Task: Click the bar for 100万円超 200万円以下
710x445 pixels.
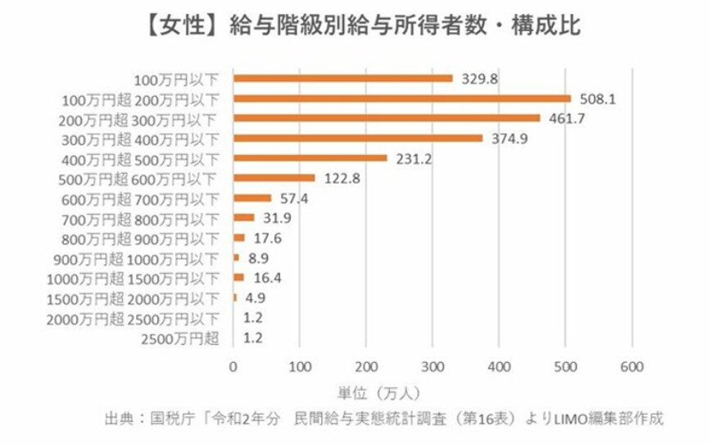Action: (401, 98)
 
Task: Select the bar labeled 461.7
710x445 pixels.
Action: (387, 118)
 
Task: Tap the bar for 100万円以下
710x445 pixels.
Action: (342, 79)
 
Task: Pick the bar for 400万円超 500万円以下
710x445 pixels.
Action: (310, 157)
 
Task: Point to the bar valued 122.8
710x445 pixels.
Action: (274, 177)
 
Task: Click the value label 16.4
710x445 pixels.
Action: (264, 277)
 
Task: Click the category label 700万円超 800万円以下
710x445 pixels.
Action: (141, 218)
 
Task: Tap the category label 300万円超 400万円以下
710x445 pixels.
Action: (141, 138)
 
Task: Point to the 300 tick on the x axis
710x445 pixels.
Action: (432, 366)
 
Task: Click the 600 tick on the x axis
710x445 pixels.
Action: (631, 366)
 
